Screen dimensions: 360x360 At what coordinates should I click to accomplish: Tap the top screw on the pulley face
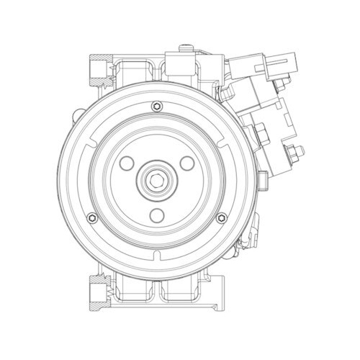coord(157,109)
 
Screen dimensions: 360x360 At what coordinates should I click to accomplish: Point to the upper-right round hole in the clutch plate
coord(188,163)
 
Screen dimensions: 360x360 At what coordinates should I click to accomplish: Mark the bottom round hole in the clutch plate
coord(158,214)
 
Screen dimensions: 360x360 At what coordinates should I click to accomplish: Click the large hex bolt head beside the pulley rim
coord(261,134)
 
